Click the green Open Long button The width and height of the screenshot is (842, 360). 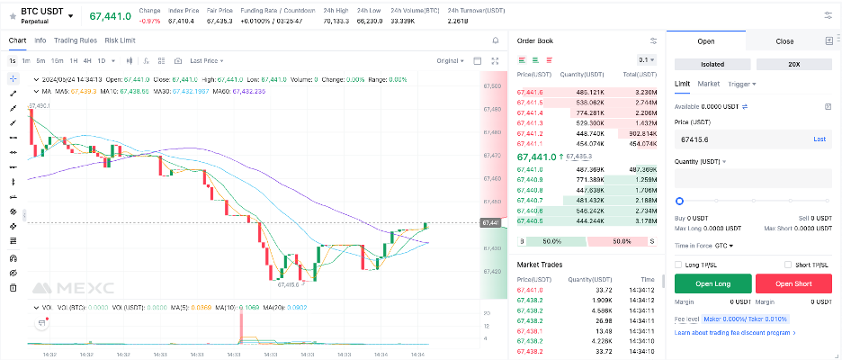(712, 283)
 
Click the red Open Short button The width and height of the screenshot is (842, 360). (793, 283)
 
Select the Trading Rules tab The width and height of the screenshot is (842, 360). (76, 40)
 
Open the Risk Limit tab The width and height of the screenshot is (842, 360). (120, 40)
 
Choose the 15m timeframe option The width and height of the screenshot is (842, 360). (57, 60)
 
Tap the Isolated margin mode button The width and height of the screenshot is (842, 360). (712, 65)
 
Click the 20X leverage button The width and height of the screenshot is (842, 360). (793, 65)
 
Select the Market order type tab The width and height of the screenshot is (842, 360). (709, 84)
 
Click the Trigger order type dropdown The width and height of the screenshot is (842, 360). (742, 84)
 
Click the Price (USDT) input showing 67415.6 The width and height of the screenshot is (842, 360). (738, 139)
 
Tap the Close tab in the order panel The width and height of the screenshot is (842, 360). (784, 41)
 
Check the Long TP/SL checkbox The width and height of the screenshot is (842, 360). (679, 264)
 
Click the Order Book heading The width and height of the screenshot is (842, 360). (535, 40)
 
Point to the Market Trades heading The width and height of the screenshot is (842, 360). (540, 264)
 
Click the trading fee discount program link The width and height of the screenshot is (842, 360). (733, 333)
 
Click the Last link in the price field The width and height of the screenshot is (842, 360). (820, 139)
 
